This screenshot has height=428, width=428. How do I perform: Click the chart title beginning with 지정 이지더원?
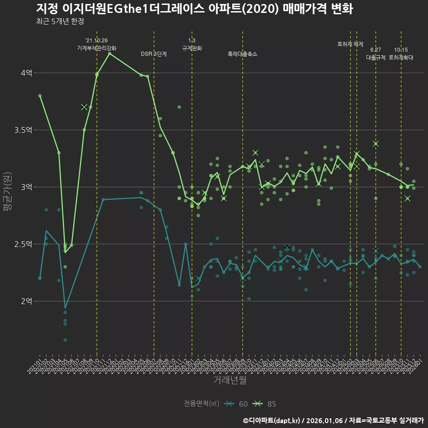click(x=194, y=9)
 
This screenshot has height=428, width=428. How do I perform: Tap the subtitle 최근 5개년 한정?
click(x=60, y=21)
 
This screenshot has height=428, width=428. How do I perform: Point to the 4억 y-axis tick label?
click(x=27, y=73)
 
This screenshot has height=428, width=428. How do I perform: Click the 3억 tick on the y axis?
click(x=27, y=187)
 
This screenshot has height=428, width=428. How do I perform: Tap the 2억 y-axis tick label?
click(x=27, y=301)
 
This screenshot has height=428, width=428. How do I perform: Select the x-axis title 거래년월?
click(x=230, y=380)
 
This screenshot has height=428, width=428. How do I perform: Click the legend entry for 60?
click(x=236, y=404)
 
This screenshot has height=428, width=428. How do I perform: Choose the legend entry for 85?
click(x=265, y=404)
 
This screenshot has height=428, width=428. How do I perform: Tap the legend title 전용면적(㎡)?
click(x=202, y=404)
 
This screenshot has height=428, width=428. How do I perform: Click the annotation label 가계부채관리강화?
click(x=97, y=48)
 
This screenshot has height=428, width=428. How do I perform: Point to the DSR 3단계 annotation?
click(x=154, y=54)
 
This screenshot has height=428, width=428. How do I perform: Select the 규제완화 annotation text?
click(x=192, y=48)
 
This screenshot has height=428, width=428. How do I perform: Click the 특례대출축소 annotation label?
click(x=243, y=54)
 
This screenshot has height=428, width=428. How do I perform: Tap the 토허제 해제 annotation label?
click(x=350, y=44)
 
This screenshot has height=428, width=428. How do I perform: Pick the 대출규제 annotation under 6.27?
click(x=375, y=58)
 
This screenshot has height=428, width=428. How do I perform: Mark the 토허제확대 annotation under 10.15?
click(x=401, y=58)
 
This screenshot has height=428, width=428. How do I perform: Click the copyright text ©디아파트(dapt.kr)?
click(x=272, y=420)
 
